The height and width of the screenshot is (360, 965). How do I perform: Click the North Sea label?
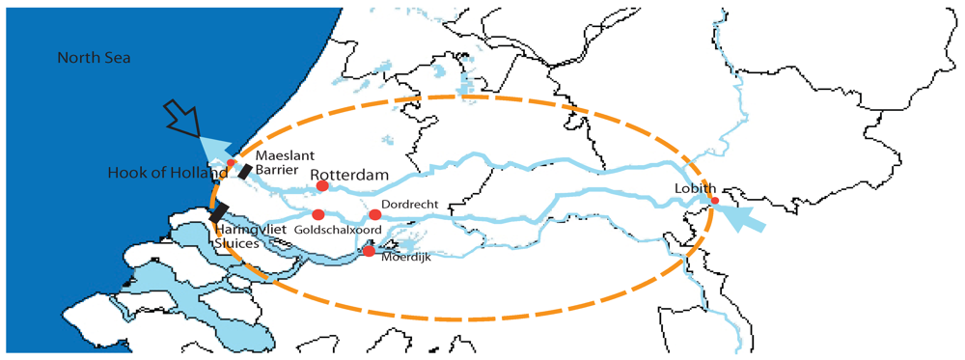click(94, 59)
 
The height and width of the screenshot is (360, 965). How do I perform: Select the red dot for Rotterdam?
click(322, 186)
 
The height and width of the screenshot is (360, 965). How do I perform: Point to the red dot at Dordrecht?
click(374, 214)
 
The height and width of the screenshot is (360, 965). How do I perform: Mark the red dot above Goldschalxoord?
click(317, 214)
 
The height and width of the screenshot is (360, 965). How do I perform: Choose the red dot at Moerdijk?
click(369, 251)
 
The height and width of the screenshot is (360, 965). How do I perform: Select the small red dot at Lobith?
click(715, 202)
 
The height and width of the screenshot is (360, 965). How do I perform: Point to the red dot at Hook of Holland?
click(232, 162)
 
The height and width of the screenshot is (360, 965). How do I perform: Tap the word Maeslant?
click(278, 153)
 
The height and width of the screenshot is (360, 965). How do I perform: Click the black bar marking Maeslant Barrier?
click(245, 171)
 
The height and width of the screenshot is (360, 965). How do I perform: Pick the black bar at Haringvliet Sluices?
click(219, 211)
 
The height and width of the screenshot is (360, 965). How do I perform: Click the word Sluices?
click(237, 245)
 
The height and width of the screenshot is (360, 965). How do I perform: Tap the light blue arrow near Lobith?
click(743, 216)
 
